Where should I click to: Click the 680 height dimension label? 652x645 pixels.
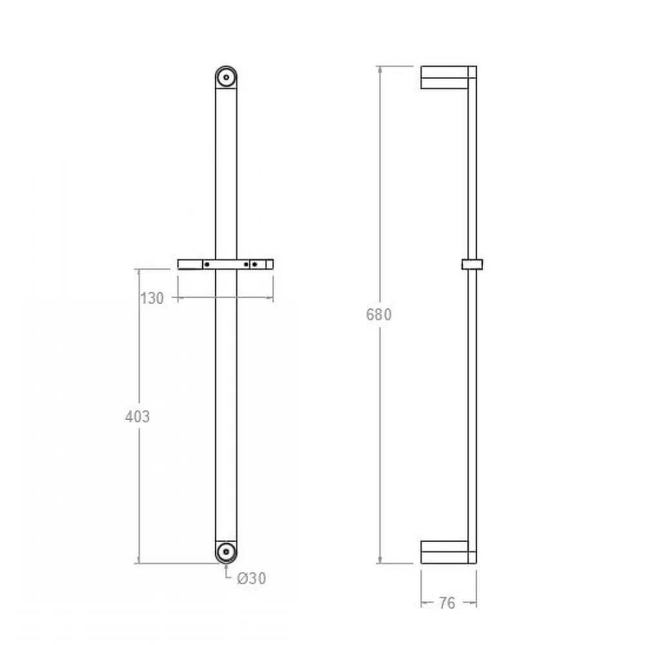[x=378, y=315]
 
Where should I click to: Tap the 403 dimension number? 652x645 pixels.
[x=138, y=417]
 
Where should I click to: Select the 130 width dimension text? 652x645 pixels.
[x=152, y=299]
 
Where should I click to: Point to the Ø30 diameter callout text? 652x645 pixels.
[x=252, y=578]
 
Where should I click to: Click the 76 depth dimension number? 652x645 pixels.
[x=447, y=603]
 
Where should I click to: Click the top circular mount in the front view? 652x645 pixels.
[x=226, y=77]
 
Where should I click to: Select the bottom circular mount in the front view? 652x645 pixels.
[x=226, y=552]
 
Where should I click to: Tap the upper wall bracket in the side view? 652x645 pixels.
[x=444, y=77]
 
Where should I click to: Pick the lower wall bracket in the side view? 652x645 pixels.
[x=444, y=552]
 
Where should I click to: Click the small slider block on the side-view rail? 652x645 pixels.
[x=472, y=264]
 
